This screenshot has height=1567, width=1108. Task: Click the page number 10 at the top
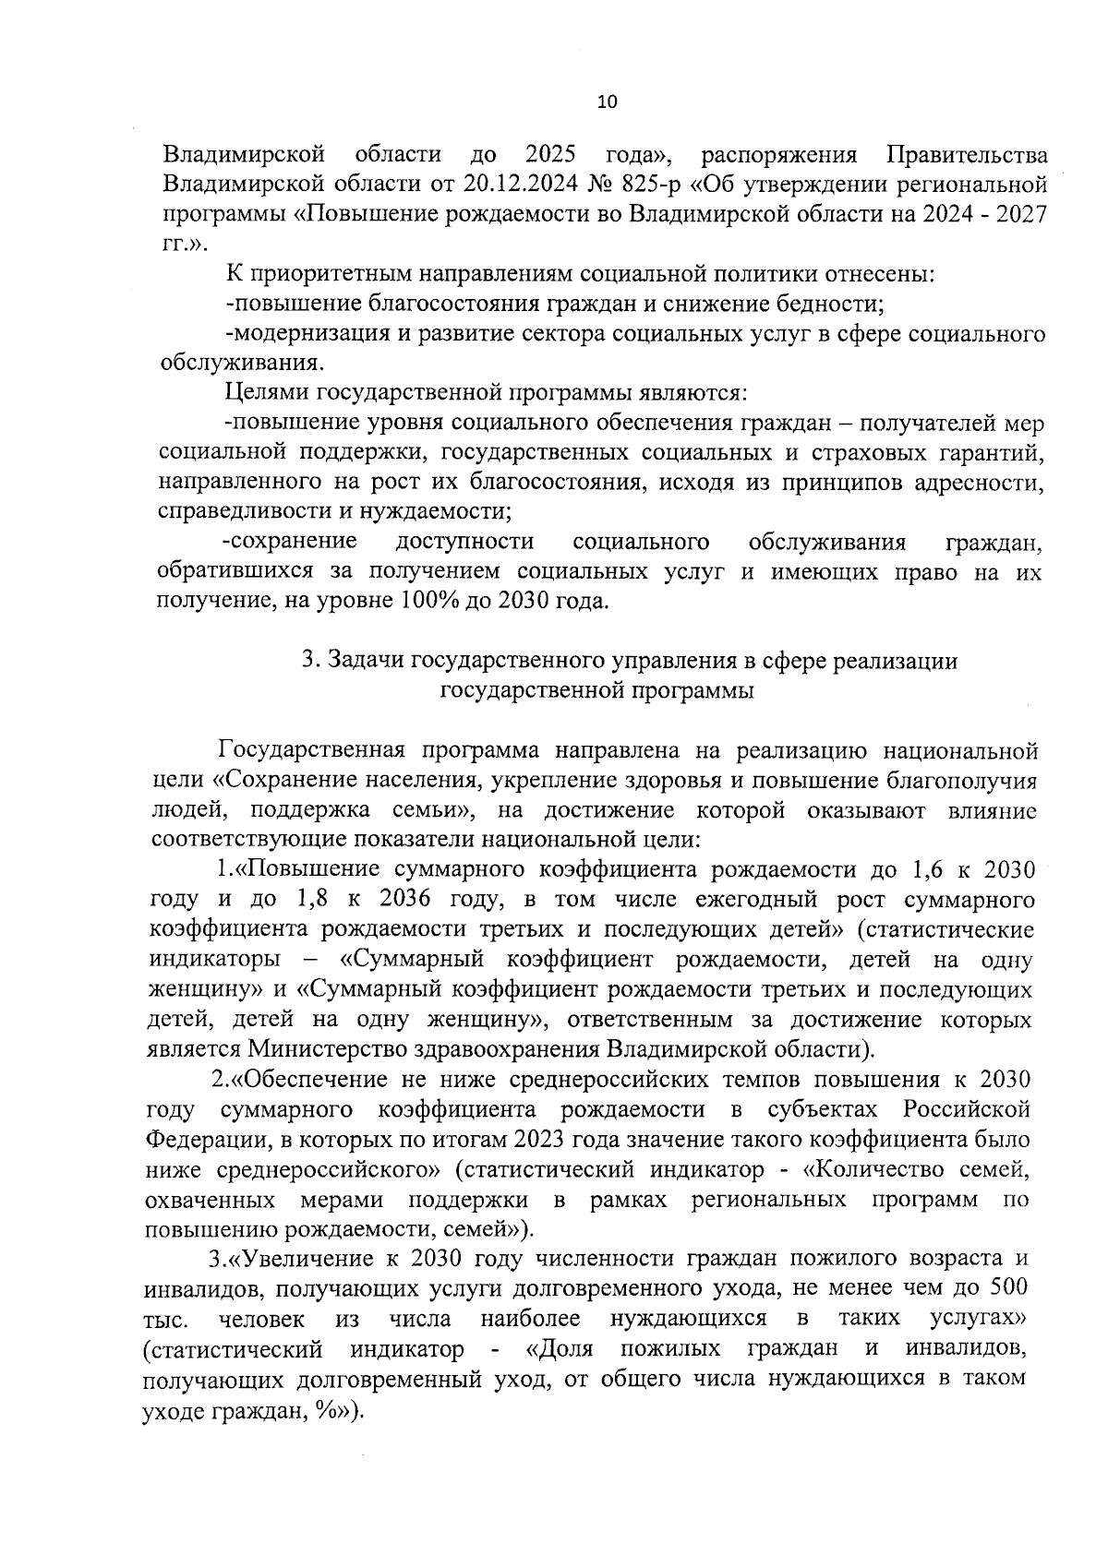click(607, 102)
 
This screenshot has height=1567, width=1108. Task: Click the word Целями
click(268, 393)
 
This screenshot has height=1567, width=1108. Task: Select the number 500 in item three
click(1008, 1288)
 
